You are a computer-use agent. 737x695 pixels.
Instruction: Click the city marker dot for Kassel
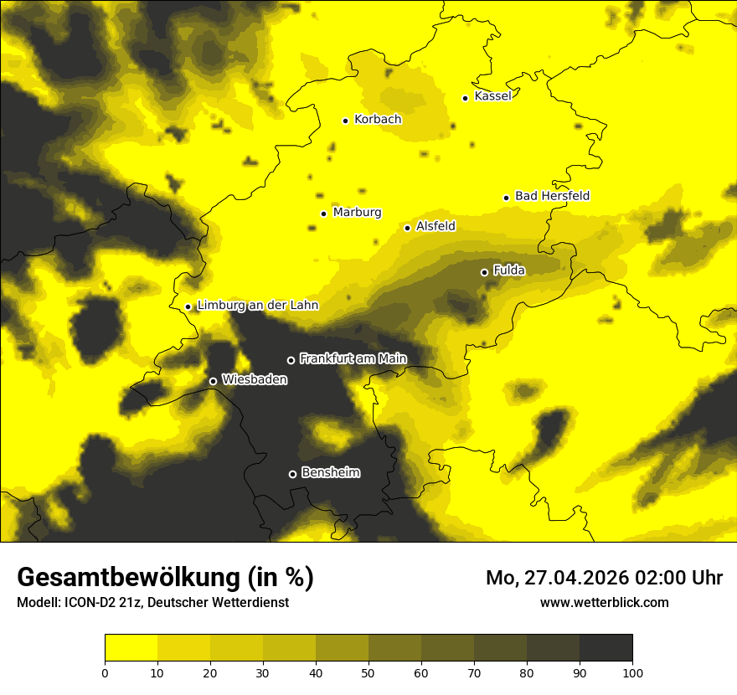[x=466, y=98]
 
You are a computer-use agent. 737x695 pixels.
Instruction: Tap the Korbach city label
[x=378, y=119]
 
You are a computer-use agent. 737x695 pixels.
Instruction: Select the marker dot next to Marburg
[x=323, y=214]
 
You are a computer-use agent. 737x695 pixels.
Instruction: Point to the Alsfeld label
[x=435, y=226]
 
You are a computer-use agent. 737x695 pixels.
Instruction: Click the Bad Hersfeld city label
[x=552, y=196]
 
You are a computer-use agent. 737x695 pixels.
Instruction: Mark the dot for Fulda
[x=484, y=272]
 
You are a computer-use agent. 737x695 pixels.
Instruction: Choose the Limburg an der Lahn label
[x=257, y=306]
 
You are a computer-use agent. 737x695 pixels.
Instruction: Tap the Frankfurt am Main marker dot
[x=291, y=360]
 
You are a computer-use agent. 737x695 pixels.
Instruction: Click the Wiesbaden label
[x=255, y=379]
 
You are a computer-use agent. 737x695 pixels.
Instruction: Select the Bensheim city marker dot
[x=292, y=474]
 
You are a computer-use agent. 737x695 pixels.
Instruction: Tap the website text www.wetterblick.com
[x=604, y=602]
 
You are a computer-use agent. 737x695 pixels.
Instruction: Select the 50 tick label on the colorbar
[x=368, y=672]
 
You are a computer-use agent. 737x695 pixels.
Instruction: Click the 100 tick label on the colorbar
[x=632, y=672]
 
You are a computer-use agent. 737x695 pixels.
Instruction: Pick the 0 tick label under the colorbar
[x=105, y=672]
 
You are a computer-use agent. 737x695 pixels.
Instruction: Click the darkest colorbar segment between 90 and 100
[x=606, y=648]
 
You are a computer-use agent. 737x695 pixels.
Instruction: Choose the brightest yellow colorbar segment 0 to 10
[x=131, y=648]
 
